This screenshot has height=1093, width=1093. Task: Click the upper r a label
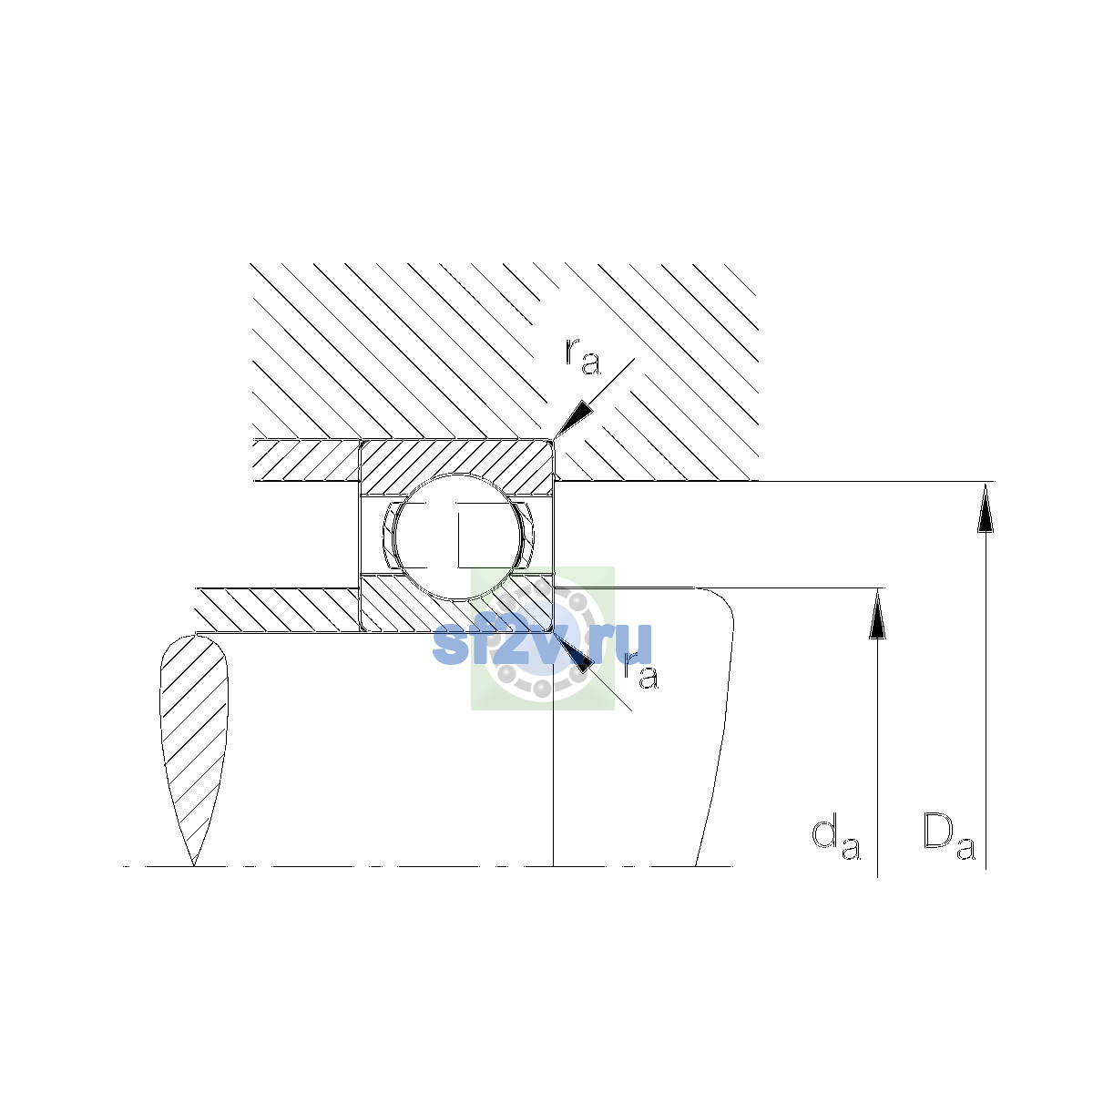[583, 357]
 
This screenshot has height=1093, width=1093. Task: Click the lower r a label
[641, 671]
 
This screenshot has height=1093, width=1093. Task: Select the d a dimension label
[835, 839]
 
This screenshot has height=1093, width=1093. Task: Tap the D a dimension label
[949, 838]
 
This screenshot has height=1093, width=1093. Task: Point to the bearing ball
[457, 536]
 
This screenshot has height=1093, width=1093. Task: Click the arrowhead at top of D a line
[986, 507]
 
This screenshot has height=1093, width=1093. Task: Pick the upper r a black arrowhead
[572, 420]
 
